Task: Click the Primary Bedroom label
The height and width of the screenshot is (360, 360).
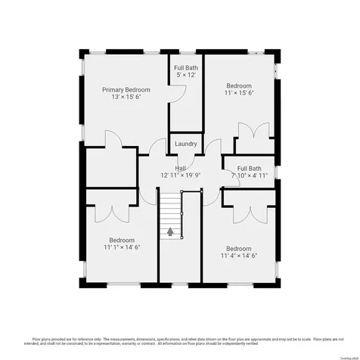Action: (x=126, y=89)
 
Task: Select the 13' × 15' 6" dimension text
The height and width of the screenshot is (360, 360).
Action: (x=126, y=98)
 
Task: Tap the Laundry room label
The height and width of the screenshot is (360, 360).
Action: (x=185, y=144)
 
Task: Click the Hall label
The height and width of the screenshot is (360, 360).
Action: (x=181, y=168)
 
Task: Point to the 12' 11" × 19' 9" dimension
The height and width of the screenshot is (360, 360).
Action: (x=181, y=175)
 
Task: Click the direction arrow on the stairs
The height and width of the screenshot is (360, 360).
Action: (x=170, y=232)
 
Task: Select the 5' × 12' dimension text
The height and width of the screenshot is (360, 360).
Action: (x=185, y=75)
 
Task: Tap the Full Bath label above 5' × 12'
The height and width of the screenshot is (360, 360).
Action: (x=185, y=67)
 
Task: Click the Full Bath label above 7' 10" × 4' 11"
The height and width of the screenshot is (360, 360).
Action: (x=249, y=168)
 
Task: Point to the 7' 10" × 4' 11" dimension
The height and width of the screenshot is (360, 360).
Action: (x=249, y=175)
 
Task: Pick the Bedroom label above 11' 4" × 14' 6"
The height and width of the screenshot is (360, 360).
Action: (x=238, y=248)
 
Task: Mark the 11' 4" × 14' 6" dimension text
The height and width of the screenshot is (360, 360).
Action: (x=238, y=256)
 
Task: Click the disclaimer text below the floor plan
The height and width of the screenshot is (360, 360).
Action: (x=179, y=341)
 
